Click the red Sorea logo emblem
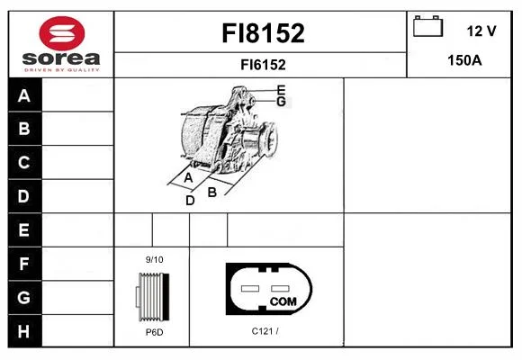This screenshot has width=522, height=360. [x=62, y=33]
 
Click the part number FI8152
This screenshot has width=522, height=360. [x=263, y=33]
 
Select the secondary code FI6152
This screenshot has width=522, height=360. [x=263, y=65]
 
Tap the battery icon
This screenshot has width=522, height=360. [x=427, y=26]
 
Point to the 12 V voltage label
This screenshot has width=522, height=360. [x=481, y=31]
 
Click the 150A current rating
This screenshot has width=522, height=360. [x=464, y=60]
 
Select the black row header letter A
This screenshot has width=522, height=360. [x=24, y=95]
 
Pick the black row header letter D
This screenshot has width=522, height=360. [x=23, y=196]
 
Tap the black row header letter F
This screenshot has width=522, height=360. [x=24, y=264]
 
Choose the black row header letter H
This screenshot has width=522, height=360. [x=23, y=331]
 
